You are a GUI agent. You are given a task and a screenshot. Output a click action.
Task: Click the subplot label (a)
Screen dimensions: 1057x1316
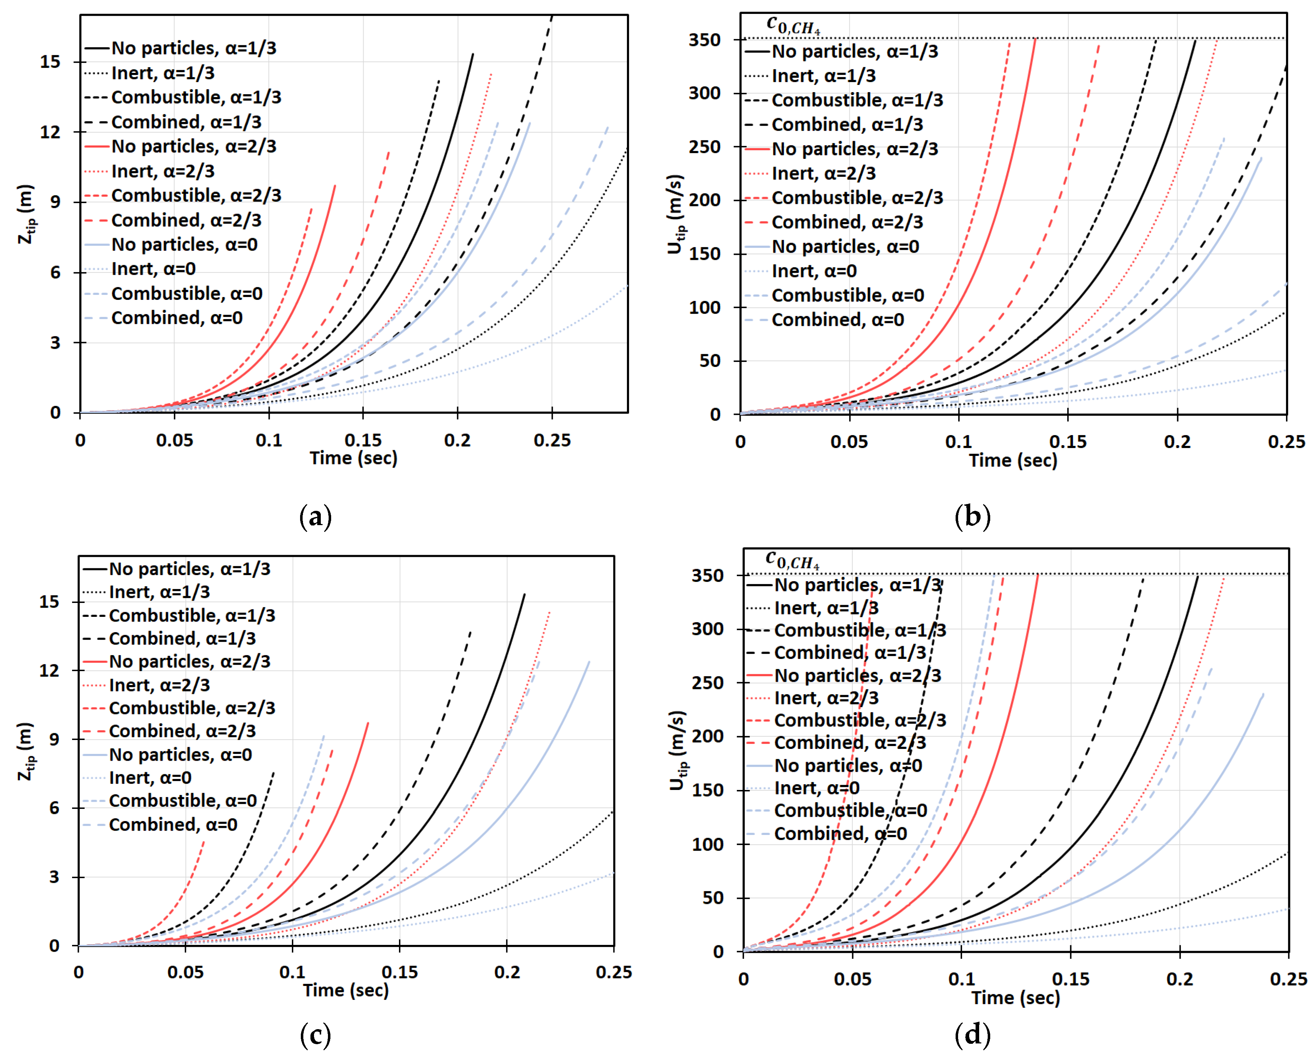coord(315,517)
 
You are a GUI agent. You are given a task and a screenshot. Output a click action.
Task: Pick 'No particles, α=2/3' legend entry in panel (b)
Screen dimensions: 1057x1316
coord(855,149)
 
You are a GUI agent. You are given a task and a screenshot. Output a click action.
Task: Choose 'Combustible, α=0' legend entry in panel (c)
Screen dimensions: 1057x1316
coord(182,801)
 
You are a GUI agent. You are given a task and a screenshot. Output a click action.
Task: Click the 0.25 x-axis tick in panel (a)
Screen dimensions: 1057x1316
coord(552,440)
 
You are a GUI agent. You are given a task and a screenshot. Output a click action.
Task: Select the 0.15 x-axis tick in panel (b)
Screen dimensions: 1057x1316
coord(1068,442)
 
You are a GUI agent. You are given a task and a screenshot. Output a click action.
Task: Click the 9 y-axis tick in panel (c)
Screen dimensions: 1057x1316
coord(54,740)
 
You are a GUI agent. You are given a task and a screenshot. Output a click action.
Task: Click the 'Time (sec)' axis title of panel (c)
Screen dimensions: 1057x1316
coord(345,991)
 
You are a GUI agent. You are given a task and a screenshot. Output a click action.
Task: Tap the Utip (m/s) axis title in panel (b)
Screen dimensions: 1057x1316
coord(675,214)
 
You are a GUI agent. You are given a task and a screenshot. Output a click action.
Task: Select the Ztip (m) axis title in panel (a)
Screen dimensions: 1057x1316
coord(27,214)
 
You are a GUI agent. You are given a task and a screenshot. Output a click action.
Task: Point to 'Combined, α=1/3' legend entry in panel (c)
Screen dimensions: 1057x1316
coord(182,639)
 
